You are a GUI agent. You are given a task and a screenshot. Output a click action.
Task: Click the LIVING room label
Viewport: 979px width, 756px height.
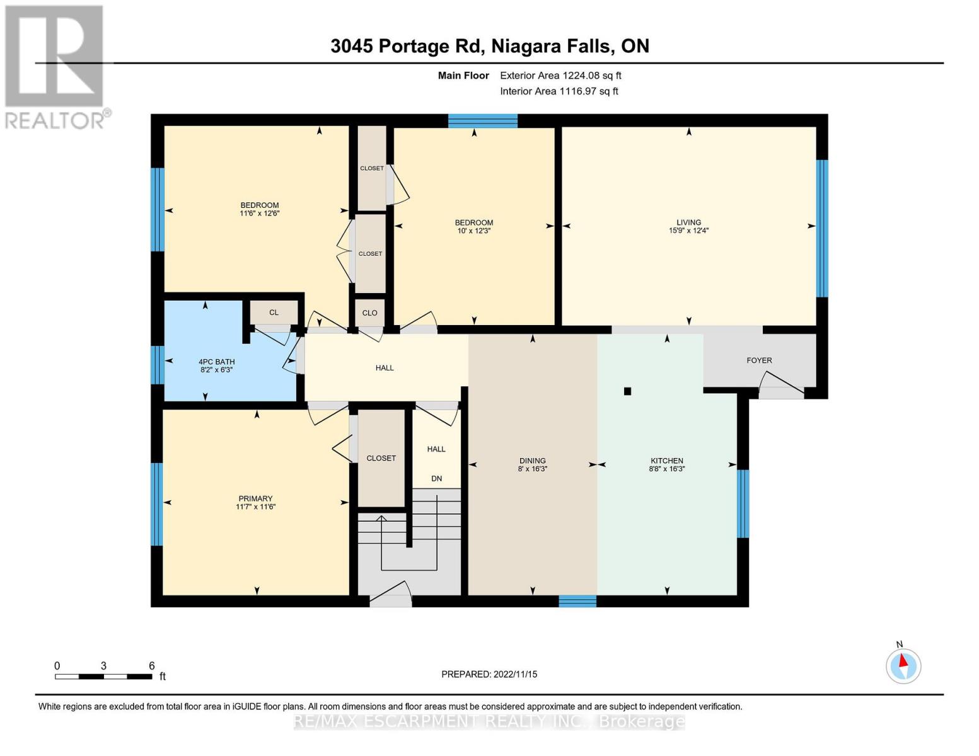(688, 222)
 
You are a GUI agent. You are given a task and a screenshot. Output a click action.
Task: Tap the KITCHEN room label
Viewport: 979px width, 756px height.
(667, 461)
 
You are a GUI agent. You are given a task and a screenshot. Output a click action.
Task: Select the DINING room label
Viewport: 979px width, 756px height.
(533, 461)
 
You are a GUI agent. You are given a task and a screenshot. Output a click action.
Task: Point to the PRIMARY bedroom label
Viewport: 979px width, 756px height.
(255, 498)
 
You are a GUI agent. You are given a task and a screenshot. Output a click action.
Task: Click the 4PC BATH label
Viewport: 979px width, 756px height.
(216, 362)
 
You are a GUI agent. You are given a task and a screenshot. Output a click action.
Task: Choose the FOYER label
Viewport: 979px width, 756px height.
(759, 360)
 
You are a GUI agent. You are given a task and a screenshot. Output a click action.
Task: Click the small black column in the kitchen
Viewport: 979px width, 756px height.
(627, 391)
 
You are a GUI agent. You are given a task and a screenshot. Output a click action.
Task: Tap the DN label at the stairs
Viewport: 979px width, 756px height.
(436, 478)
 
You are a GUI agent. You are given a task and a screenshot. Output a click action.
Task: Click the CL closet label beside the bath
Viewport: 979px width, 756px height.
(274, 312)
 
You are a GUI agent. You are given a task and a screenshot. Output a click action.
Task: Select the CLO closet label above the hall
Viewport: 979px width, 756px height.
(369, 313)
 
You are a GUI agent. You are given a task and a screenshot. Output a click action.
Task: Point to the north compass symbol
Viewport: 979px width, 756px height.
(903, 665)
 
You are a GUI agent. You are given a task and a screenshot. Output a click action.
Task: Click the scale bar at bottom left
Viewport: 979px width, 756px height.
(103, 677)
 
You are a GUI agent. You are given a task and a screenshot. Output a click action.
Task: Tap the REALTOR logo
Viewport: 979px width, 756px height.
(55, 66)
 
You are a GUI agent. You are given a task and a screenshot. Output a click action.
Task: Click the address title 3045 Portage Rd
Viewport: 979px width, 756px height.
(489, 46)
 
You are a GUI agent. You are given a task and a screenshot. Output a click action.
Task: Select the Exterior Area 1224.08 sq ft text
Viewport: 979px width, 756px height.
(560, 76)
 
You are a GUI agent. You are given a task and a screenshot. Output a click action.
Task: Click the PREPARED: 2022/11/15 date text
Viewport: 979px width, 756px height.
(489, 674)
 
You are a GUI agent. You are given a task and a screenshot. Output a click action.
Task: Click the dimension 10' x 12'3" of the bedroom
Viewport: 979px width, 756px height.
(474, 231)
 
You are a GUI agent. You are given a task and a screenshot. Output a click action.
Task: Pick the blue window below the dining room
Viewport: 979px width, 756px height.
(577, 600)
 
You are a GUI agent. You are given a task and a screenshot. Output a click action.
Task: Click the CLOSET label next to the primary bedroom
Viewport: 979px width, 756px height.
(381, 458)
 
